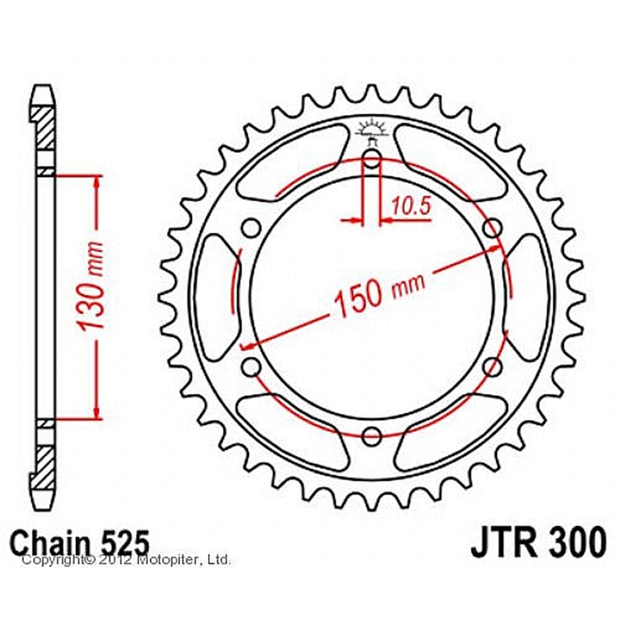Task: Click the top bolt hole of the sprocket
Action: [x=372, y=158]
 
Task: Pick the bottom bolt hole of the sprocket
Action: [x=372, y=436]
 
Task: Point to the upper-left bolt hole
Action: [x=251, y=228]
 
